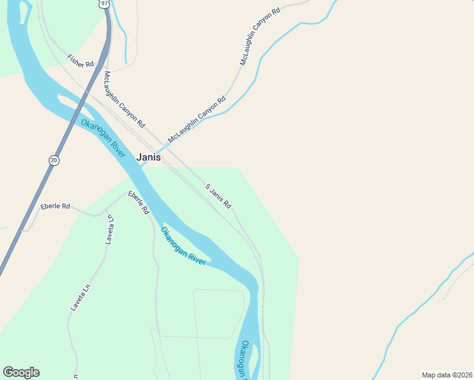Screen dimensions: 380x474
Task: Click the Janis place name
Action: [x=149, y=157]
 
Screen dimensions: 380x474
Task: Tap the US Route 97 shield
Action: [x=105, y=3]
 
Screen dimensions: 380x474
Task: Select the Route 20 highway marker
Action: [x=54, y=160]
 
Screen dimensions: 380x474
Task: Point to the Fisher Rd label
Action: [x=80, y=61]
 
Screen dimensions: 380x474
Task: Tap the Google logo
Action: [x=21, y=372]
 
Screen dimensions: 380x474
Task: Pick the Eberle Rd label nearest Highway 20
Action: [x=55, y=206]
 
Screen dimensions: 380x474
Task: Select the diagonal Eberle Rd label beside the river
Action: [x=138, y=202]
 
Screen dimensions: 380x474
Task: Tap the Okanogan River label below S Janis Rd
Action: [x=183, y=246]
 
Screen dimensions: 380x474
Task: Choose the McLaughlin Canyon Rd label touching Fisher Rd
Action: [x=124, y=98]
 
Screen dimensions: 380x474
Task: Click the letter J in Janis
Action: [x=139, y=157]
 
